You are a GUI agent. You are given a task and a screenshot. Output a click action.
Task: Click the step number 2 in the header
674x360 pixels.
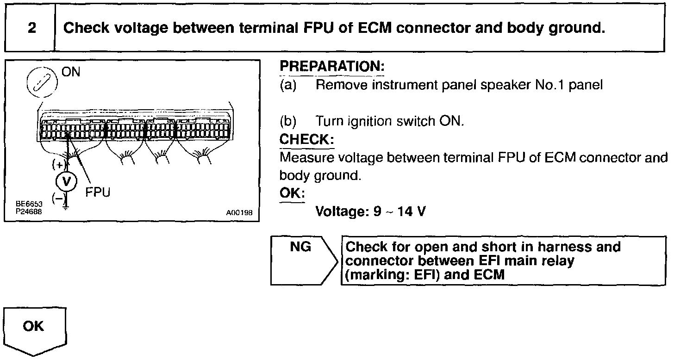pyautogui.click(x=31, y=28)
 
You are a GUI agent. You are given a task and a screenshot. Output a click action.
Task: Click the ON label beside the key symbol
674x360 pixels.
pyautogui.click(x=71, y=73)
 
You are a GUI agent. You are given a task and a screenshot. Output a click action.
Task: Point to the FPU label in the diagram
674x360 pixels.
pyautogui.click(x=98, y=192)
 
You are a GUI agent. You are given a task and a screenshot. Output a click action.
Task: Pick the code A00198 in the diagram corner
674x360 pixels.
pyautogui.click(x=239, y=213)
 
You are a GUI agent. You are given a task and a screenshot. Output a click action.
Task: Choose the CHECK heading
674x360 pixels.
pyautogui.click(x=306, y=139)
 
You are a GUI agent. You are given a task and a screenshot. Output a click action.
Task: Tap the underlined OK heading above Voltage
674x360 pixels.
pyautogui.click(x=292, y=193)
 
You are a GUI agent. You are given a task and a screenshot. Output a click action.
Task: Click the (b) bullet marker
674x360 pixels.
pyautogui.click(x=287, y=121)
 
